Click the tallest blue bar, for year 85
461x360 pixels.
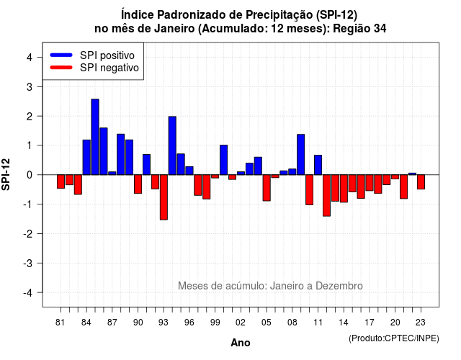[x=95, y=137]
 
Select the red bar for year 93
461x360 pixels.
[x=164, y=197]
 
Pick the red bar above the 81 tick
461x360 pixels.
[x=61, y=181]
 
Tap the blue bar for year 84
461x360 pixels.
[x=86, y=157]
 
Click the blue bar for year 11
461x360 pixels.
[x=318, y=165]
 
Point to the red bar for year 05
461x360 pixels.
[x=267, y=188]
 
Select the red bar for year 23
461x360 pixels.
[x=421, y=182]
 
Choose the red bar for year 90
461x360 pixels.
[x=138, y=184]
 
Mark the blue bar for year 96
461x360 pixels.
[x=189, y=171]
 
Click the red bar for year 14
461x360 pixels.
[x=344, y=189]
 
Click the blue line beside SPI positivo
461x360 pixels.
[x=61, y=55]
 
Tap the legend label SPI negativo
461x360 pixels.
[x=109, y=68]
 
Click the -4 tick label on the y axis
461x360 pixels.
[x=28, y=293]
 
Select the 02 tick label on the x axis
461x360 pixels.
[x=240, y=323]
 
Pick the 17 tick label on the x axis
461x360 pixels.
[x=370, y=323]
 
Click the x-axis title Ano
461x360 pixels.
[x=241, y=343]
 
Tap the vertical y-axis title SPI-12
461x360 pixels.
[x=6, y=174]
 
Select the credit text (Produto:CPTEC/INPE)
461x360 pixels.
[x=394, y=338]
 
